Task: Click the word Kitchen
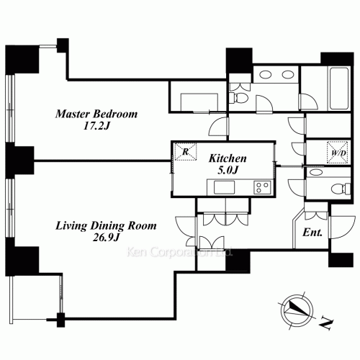(228, 158)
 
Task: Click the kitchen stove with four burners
(261, 188)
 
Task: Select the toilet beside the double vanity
(240, 96)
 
